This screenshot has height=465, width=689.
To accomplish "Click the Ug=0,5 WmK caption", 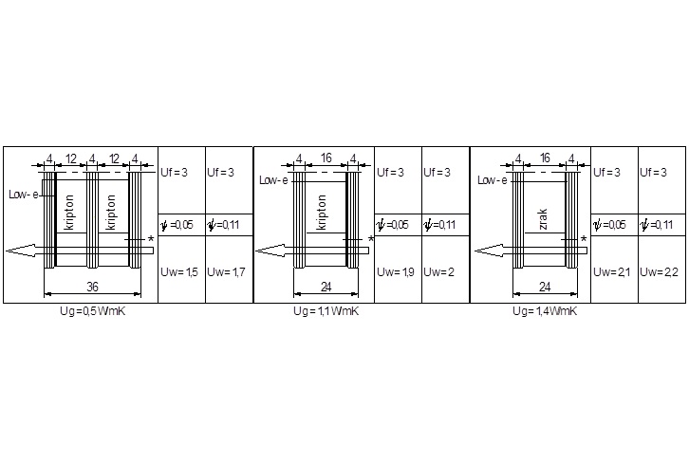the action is coord(93,311).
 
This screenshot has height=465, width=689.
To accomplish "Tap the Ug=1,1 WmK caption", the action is coord(326,311).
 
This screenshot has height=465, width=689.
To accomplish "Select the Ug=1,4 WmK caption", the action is coord(545,311).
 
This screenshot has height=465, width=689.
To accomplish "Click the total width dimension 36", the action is coord(92,287).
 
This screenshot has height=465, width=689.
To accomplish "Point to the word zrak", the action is coord(543,219).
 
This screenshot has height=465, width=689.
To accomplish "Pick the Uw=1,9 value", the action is coord(396,272).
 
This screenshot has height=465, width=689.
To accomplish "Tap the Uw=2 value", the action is coord(438,272).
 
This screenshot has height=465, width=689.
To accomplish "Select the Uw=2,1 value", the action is coord(612,272).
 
